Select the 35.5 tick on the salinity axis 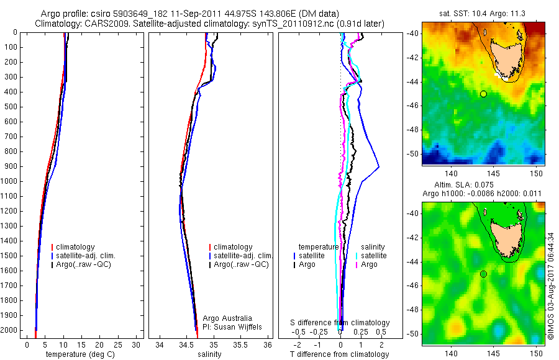click(241, 344)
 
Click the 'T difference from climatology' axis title click(339, 354)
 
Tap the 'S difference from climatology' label click(340, 323)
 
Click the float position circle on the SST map click(483, 94)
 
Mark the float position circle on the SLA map click(483, 274)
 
